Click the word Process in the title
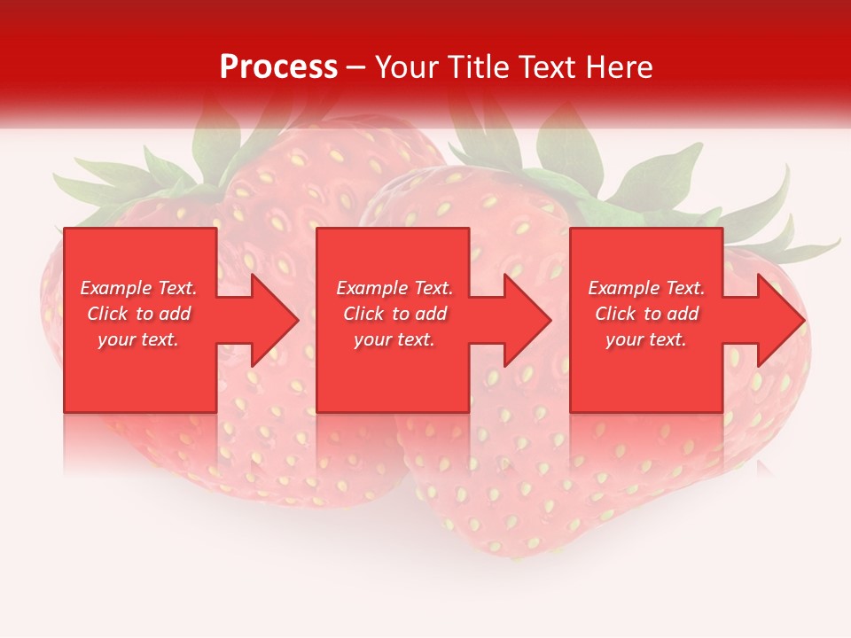point(278,66)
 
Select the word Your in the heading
point(408,66)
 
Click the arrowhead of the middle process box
point(526,320)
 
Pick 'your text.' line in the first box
point(138,339)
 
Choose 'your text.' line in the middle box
point(394,339)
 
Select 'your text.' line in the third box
point(645,339)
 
